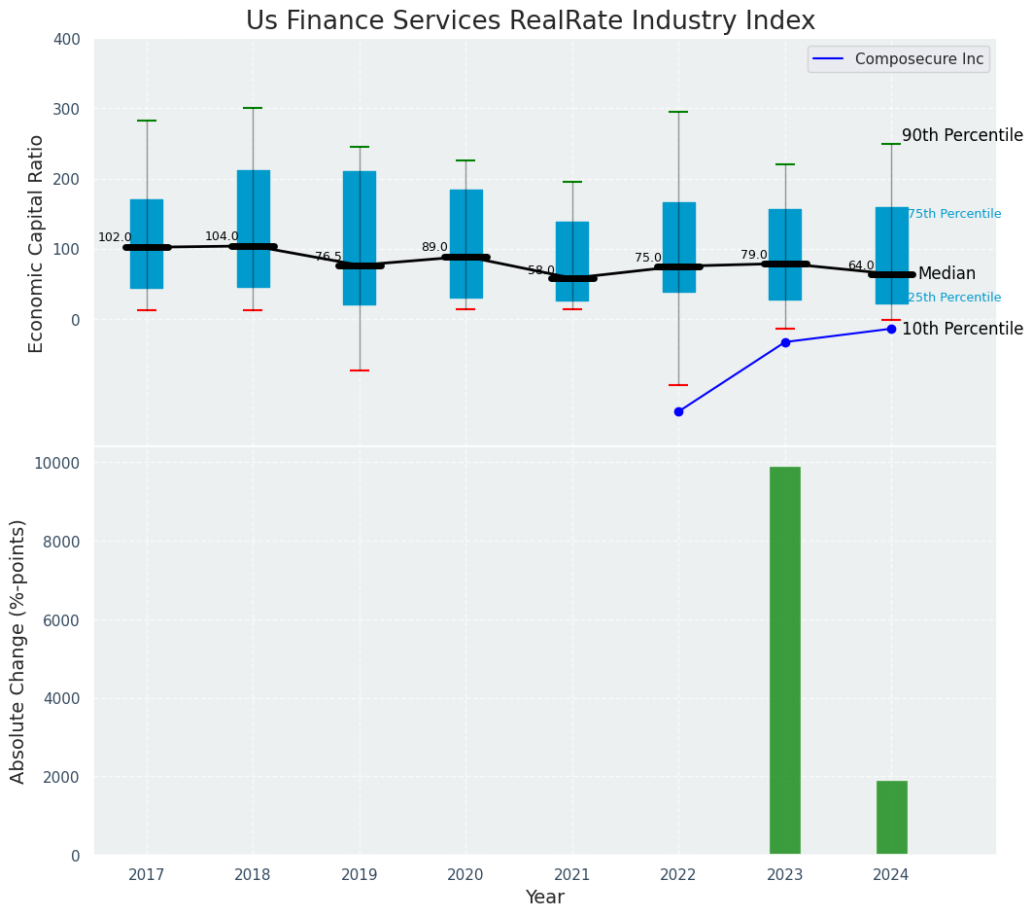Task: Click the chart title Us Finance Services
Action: point(530,21)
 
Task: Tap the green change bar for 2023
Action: point(785,660)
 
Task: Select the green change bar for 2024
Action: point(891,818)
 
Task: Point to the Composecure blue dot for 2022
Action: point(678,411)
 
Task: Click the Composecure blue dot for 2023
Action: point(785,342)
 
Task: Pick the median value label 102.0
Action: point(115,237)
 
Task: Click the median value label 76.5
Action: point(328,257)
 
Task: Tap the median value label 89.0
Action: point(434,247)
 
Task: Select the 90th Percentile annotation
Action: point(962,136)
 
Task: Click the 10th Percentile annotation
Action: point(962,330)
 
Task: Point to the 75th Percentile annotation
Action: point(954,214)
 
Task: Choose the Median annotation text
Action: point(947,274)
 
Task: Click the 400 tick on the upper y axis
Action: point(74,40)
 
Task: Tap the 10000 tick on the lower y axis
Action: point(58,463)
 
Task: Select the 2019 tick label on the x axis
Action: point(360,875)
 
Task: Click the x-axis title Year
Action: point(544,898)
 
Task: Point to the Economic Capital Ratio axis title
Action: point(37,243)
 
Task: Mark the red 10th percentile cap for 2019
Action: point(360,370)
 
